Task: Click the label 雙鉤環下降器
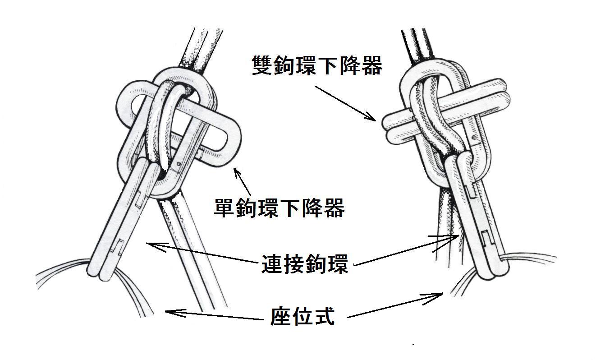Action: (317, 65)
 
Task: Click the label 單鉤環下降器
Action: (279, 208)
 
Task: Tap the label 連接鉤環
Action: (305, 264)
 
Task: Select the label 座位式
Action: (302, 316)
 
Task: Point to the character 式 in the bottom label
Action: (324, 316)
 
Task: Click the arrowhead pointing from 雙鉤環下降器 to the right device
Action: (371, 117)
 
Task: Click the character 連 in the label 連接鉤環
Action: (272, 264)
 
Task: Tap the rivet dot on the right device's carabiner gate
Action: (474, 138)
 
